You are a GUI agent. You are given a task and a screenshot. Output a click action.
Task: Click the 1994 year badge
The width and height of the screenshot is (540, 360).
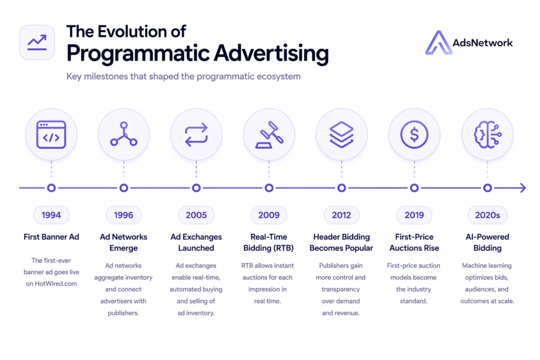click(51, 215)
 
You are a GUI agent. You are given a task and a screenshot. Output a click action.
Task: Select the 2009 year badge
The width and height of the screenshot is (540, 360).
click(268, 215)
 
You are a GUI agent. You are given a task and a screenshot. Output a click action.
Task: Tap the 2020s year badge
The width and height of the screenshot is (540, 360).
click(487, 215)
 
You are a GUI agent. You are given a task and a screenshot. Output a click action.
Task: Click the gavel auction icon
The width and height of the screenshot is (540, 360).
click(269, 134)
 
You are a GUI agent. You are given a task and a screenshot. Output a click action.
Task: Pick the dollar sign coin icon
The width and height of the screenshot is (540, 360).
click(414, 134)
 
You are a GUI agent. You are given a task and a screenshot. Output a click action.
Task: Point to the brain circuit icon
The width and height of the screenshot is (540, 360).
click(487, 134)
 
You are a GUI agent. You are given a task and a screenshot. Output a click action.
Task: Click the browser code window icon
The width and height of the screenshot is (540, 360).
click(51, 134)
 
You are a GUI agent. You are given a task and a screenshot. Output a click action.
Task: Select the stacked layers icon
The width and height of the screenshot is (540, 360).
click(342, 134)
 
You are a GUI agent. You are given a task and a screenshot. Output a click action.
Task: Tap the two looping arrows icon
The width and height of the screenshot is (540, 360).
click(196, 134)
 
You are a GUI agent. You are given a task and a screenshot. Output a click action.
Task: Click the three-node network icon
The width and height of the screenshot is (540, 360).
click(123, 134)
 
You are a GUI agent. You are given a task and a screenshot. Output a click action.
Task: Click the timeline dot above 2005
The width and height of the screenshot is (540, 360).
click(196, 188)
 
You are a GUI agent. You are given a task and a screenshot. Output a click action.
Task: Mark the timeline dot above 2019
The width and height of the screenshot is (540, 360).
click(414, 188)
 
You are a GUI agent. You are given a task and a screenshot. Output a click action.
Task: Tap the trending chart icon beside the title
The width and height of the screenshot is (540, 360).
click(37, 42)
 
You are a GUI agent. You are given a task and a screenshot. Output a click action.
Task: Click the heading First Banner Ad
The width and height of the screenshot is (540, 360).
click(51, 237)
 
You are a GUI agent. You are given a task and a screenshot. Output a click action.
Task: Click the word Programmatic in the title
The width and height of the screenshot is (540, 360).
click(138, 54)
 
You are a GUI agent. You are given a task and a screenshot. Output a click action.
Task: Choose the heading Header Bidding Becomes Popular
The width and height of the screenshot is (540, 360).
click(341, 242)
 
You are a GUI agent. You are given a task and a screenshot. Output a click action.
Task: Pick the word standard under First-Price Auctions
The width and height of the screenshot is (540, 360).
click(413, 301)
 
